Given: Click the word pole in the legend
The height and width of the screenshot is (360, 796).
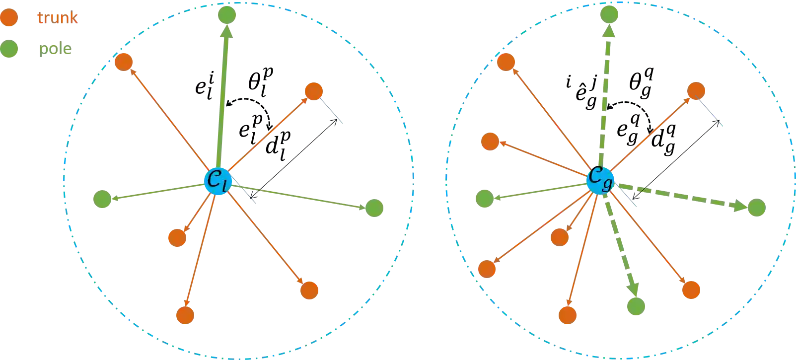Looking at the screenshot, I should (x=55, y=49).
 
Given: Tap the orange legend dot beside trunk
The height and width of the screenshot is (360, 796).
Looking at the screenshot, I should (x=9, y=18).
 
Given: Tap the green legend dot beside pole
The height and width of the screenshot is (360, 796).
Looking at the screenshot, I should (x=9, y=49).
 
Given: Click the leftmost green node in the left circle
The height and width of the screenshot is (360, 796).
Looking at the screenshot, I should (x=102, y=199).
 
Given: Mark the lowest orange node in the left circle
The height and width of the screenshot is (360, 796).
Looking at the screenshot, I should (x=185, y=315).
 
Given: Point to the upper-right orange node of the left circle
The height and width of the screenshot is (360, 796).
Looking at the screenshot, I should (x=314, y=91).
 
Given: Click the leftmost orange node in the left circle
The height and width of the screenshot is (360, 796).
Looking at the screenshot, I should (x=124, y=62).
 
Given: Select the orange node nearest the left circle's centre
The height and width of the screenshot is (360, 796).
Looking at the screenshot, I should (x=177, y=238).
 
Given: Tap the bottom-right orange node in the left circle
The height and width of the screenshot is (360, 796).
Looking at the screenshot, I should (x=309, y=290).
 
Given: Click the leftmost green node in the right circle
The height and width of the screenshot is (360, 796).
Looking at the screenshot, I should (x=485, y=199).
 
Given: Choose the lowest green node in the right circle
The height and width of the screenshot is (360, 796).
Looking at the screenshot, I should (x=636, y=306).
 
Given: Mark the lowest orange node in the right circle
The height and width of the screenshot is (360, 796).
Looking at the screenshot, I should (x=568, y=315).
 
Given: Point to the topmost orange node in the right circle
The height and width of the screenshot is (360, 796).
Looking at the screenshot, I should (x=506, y=62).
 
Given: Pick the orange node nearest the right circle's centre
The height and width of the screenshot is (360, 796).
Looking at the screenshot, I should (x=560, y=237).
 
